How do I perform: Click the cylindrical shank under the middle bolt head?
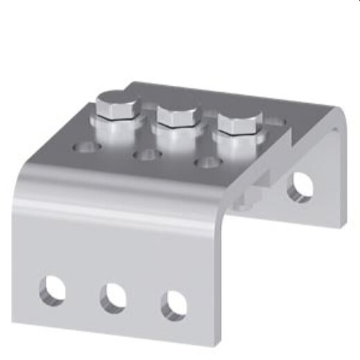176,136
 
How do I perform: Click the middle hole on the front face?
113,298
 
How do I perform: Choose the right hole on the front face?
174,305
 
